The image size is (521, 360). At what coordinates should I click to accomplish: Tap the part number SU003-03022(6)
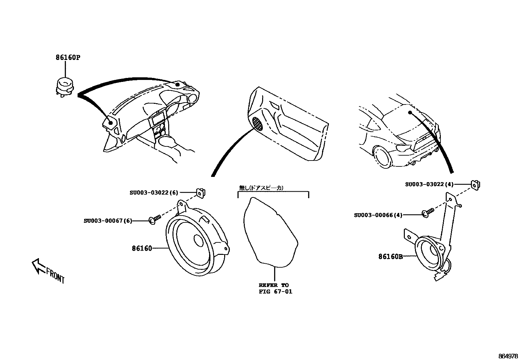pos(154,193)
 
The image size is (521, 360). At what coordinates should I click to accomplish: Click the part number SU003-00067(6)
pos(108,221)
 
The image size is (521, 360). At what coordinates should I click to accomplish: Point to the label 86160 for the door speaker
pos(142,249)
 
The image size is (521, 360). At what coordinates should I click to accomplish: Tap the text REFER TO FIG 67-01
pos(275,288)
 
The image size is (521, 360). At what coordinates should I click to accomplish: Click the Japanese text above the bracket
pos(261,188)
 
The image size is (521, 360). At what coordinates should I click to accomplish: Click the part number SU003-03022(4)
pos(429,184)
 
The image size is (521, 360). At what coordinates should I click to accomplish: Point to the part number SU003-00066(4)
pos(378,215)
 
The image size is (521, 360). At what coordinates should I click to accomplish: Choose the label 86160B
pos(390,257)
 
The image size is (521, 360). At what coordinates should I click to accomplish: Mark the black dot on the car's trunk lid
pos(409,113)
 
